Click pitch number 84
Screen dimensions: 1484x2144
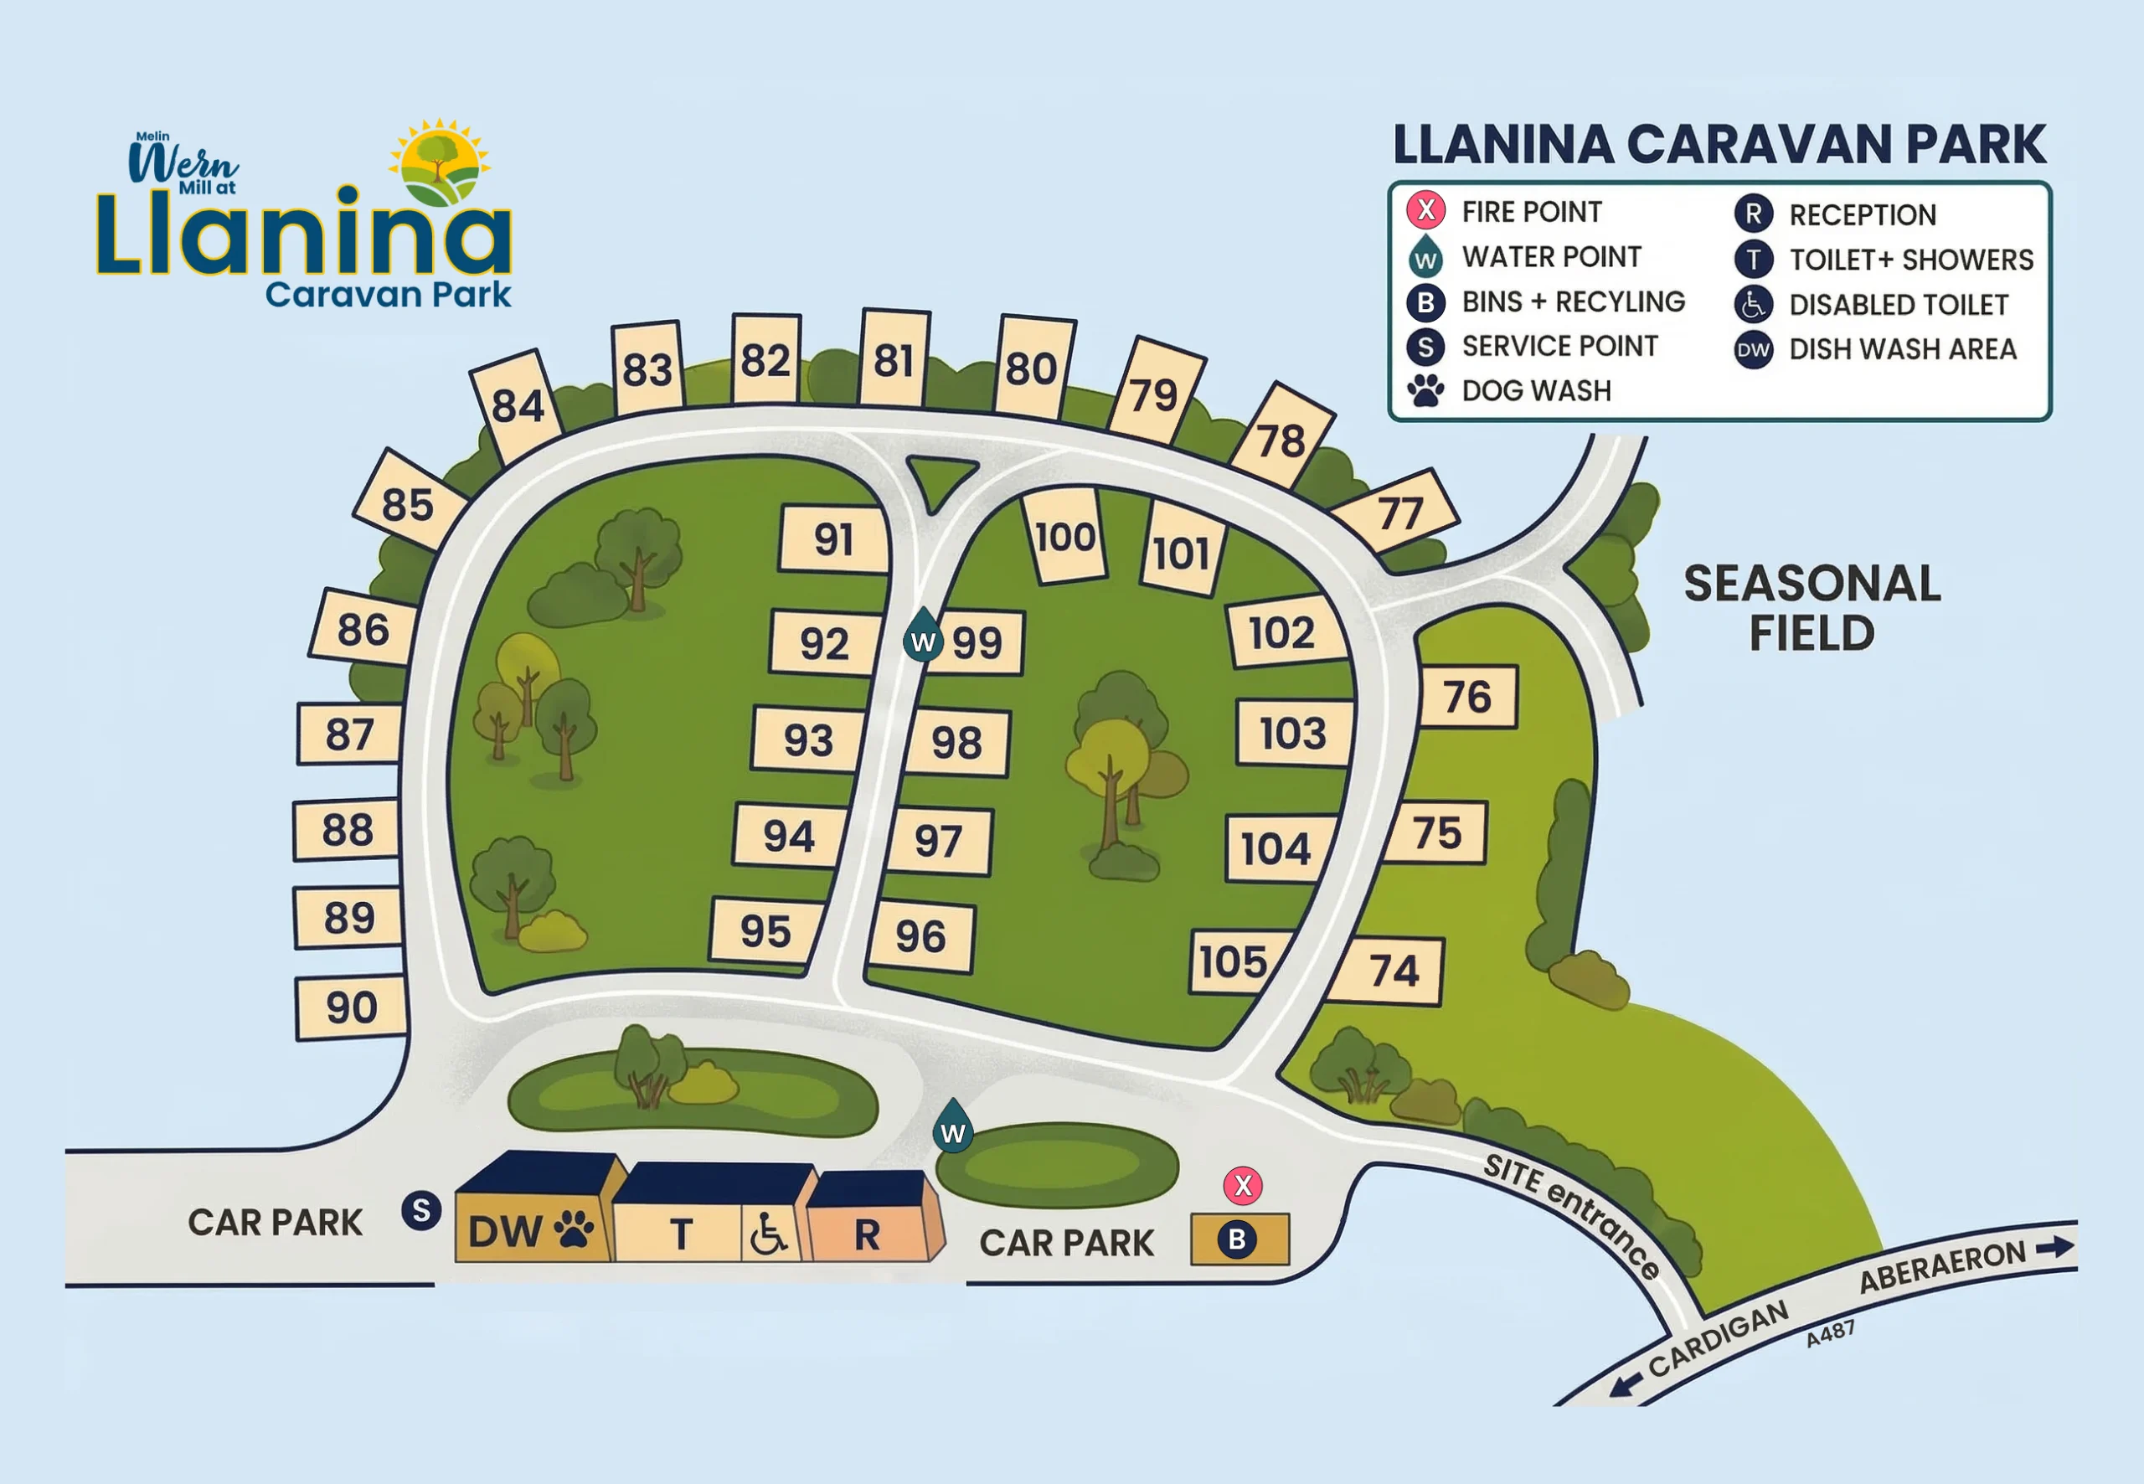click(x=517, y=406)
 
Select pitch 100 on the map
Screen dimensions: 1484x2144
click(x=1065, y=538)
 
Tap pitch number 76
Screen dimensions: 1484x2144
click(x=1467, y=698)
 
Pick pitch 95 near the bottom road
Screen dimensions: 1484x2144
click(x=765, y=930)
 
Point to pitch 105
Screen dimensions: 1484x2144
click(x=1233, y=962)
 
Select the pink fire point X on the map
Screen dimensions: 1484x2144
click(x=1242, y=1186)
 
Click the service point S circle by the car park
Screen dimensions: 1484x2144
click(x=421, y=1211)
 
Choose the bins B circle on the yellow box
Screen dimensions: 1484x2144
click(x=1236, y=1239)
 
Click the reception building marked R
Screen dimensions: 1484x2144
click(x=868, y=1234)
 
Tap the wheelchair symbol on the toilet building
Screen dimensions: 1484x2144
click(x=768, y=1234)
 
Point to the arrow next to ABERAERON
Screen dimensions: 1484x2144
click(x=2054, y=1248)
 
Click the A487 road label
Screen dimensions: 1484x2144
click(x=1830, y=1333)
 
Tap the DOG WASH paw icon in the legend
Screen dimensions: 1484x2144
click(x=1425, y=390)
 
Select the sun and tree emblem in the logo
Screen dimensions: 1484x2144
click(x=439, y=163)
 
